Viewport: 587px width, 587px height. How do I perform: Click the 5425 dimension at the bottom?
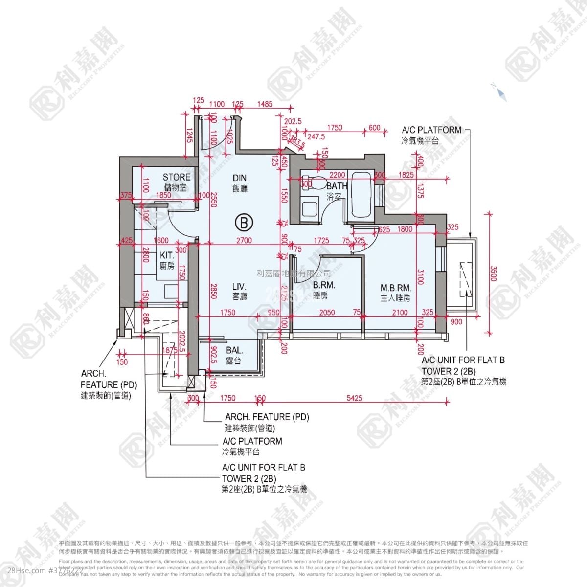[354, 398]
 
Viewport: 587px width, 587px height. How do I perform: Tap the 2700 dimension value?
[244, 240]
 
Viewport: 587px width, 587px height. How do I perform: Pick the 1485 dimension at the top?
[265, 104]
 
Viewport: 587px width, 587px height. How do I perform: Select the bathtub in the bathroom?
[361, 196]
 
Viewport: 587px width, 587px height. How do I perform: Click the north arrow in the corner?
[500, 92]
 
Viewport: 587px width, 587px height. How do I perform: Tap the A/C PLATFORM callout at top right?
[431, 130]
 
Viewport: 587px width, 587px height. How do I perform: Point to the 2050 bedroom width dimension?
[327, 313]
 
